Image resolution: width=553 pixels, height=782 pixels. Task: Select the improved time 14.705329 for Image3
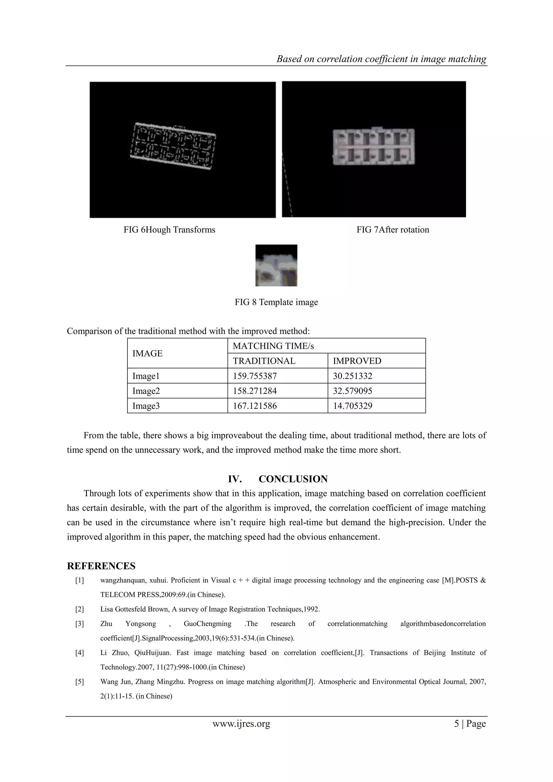(x=352, y=406)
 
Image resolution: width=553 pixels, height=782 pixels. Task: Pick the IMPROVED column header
(x=357, y=361)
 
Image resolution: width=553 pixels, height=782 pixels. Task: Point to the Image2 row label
(x=146, y=391)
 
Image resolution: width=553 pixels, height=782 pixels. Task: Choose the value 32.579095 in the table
(x=352, y=391)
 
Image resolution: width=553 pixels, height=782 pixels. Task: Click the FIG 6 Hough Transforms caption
(x=169, y=230)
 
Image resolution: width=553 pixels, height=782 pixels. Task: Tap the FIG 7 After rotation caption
(x=393, y=230)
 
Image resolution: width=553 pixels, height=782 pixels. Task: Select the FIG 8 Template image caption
(x=276, y=302)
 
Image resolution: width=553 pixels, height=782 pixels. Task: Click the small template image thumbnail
(x=276, y=265)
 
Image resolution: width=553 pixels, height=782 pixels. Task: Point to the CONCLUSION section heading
(x=293, y=479)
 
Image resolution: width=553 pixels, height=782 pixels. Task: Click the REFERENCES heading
(x=101, y=566)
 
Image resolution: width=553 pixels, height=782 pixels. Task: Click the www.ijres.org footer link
(x=241, y=724)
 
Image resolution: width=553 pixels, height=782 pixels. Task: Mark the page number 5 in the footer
(x=456, y=724)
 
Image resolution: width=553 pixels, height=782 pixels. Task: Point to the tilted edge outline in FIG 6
(x=174, y=146)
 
